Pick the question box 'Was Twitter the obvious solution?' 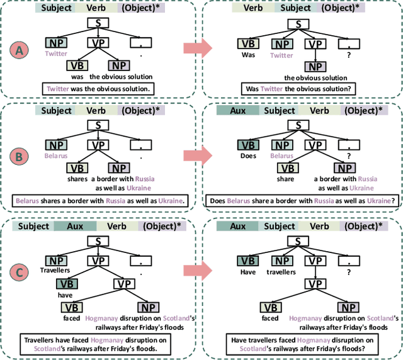298,89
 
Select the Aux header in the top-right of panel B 237,110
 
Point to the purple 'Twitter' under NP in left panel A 55,54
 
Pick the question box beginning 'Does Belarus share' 298,201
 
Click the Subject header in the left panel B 57,110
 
